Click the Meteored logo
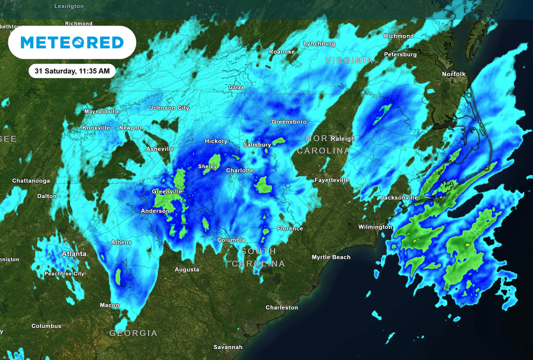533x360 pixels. [72, 42]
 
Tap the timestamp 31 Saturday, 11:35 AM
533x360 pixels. [72, 71]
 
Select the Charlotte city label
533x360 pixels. [239, 170]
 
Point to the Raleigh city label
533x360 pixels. [342, 139]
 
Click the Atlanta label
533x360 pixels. [74, 254]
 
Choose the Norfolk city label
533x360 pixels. [453, 74]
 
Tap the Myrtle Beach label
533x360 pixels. [331, 257]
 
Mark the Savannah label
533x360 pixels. [228, 347]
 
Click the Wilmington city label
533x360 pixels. [375, 227]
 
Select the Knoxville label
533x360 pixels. [96, 128]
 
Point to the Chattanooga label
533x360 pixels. [31, 181]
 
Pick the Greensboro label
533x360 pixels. [289, 121]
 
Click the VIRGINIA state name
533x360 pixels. [349, 60]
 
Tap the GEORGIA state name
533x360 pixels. [133, 333]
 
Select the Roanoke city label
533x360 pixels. [282, 52]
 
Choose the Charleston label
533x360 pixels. [282, 307]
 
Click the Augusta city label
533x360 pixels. [186, 269]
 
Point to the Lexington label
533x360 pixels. [69, 6]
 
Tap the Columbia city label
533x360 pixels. [231, 240]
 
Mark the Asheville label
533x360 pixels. [159, 149]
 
